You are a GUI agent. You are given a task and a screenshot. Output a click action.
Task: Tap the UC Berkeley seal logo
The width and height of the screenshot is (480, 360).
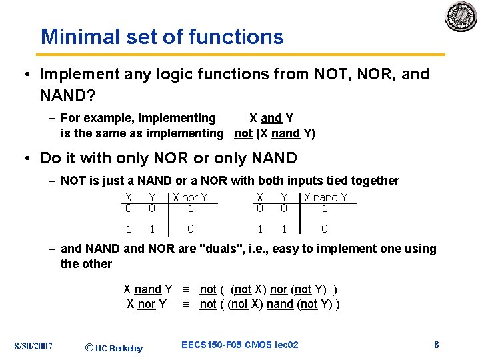[461, 17]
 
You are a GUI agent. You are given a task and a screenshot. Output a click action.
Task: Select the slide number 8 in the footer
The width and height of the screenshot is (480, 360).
[436, 345]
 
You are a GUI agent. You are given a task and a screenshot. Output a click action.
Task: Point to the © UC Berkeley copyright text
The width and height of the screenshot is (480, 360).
[114, 347]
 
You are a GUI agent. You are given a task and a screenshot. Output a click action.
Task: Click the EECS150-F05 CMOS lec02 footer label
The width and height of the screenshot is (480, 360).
[239, 345]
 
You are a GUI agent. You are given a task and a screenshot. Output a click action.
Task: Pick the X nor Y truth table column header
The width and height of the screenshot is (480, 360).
[190, 197]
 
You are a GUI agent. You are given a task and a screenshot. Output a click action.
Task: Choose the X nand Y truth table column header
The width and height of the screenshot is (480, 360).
[325, 197]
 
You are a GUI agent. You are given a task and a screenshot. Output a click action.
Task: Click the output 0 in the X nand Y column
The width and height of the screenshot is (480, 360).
[325, 229]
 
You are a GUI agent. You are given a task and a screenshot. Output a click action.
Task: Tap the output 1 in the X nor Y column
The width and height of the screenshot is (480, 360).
[190, 208]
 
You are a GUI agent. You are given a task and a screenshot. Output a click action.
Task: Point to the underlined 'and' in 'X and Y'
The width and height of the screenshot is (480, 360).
[271, 119]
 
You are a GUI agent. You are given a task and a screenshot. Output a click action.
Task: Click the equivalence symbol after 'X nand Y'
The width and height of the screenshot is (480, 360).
[186, 289]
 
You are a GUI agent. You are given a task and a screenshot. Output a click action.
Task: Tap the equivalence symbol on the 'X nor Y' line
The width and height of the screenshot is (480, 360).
[186, 305]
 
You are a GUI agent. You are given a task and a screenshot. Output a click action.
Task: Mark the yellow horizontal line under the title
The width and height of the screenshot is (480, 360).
[240, 55]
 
